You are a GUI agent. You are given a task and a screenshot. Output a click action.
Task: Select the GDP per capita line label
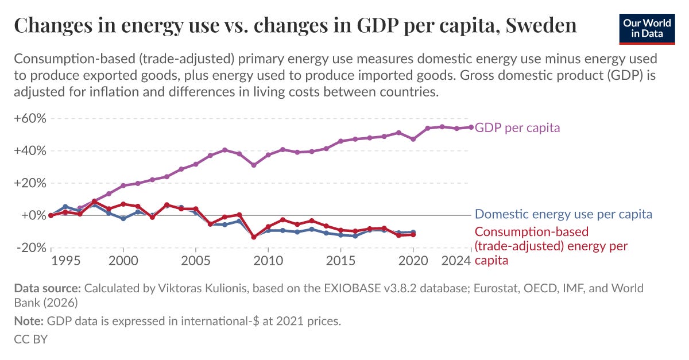517,127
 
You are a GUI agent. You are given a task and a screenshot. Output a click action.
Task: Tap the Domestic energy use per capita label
563,214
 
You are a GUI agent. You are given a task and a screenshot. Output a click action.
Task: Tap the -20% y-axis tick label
30,248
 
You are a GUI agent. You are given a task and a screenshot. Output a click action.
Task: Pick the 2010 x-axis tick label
268,261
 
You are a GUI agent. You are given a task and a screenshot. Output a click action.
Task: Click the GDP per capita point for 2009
254,165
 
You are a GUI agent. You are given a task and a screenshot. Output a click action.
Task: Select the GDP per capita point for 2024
471,127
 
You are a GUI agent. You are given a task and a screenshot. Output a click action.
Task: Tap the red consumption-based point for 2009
254,237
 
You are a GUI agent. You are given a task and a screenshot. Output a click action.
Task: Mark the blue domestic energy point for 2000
123,218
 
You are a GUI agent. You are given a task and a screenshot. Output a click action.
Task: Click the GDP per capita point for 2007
224,150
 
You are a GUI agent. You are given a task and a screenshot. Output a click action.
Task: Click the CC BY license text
30,339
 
